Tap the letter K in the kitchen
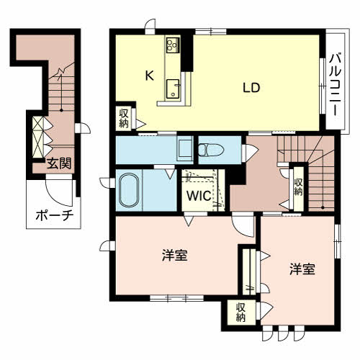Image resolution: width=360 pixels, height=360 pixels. point(150,75)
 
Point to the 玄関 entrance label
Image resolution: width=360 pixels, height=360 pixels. point(58,163)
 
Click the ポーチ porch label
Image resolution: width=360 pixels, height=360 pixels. point(48,216)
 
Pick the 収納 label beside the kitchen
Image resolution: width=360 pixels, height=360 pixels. point(125,118)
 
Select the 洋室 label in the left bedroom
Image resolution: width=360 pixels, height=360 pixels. point(175,255)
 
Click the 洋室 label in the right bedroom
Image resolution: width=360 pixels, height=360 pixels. point(302,270)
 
